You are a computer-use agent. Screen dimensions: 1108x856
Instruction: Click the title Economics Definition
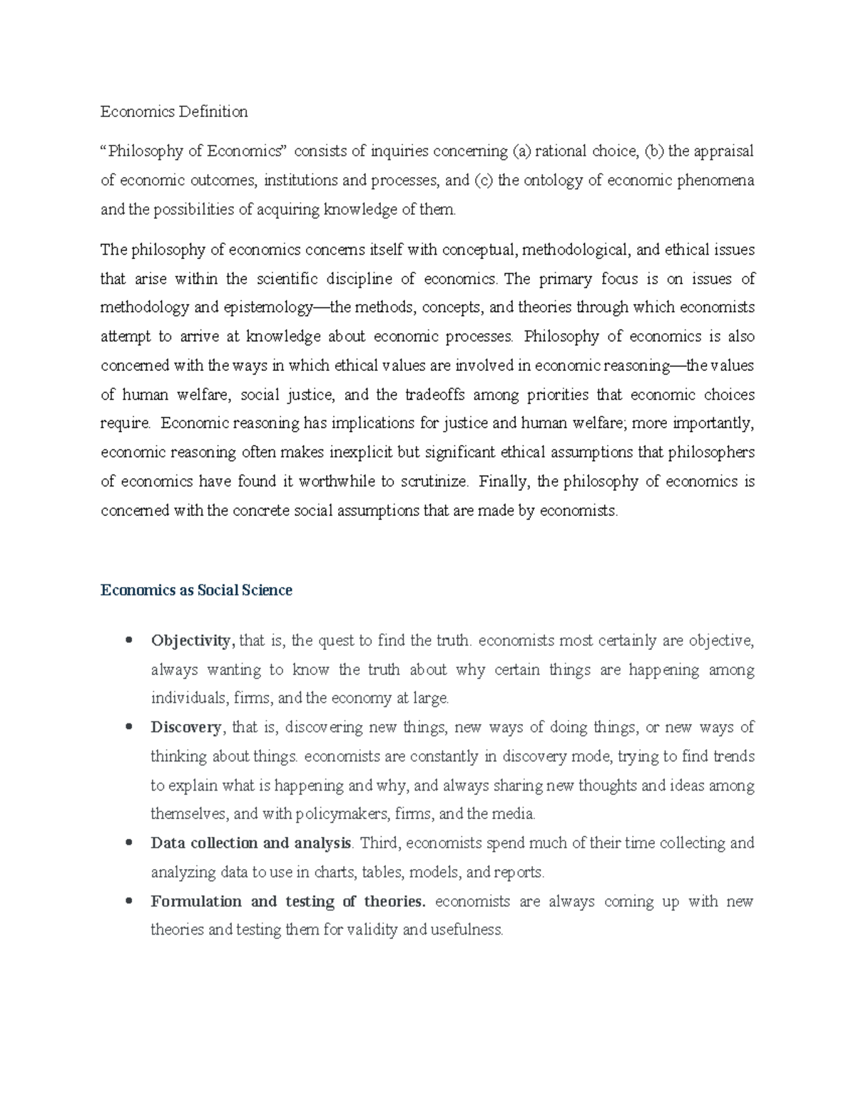[174, 112]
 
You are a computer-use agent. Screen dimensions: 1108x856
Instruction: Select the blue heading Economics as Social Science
[196, 591]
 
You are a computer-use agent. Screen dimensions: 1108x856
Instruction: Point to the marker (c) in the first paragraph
[483, 181]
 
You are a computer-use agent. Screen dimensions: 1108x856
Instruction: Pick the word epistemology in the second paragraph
[268, 308]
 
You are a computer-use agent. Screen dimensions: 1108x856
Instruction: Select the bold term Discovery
[186, 728]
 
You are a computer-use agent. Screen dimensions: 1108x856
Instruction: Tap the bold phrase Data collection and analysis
[251, 843]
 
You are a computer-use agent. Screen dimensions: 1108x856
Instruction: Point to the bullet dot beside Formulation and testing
[129, 901]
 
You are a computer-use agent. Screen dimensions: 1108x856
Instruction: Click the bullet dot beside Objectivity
[129, 640]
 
